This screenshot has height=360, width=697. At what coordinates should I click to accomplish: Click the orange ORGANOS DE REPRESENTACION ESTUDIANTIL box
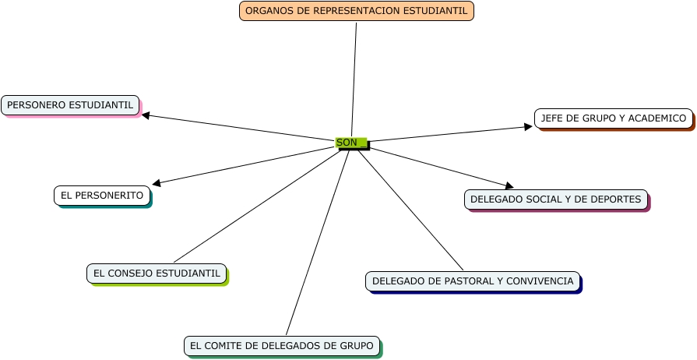[x=357, y=11]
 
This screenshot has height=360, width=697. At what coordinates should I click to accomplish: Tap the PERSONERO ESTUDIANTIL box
[x=70, y=104]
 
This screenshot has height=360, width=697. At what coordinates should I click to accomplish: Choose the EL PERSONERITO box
[x=102, y=196]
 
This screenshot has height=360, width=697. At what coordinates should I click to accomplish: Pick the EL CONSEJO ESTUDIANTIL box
[x=157, y=274]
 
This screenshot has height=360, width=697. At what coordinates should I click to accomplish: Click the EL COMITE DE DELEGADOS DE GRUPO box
[x=282, y=345]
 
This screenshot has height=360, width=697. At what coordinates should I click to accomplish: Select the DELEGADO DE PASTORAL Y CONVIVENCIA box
[x=473, y=281]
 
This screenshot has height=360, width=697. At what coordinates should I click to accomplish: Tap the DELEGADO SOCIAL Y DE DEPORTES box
[x=555, y=199]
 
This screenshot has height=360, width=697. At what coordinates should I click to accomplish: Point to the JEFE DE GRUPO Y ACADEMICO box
[x=614, y=118]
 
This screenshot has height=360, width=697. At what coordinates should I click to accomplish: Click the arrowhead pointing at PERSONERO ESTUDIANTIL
[x=146, y=116]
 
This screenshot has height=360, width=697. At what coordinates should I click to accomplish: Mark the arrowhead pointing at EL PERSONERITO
[x=157, y=183]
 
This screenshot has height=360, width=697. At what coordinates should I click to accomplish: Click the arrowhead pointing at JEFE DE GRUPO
[x=528, y=126]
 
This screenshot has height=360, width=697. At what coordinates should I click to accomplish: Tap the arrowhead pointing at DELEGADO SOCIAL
[x=509, y=185]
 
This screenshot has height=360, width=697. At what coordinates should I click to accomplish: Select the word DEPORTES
[x=617, y=199]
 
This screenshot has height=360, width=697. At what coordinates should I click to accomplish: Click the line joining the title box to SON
[x=354, y=78]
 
